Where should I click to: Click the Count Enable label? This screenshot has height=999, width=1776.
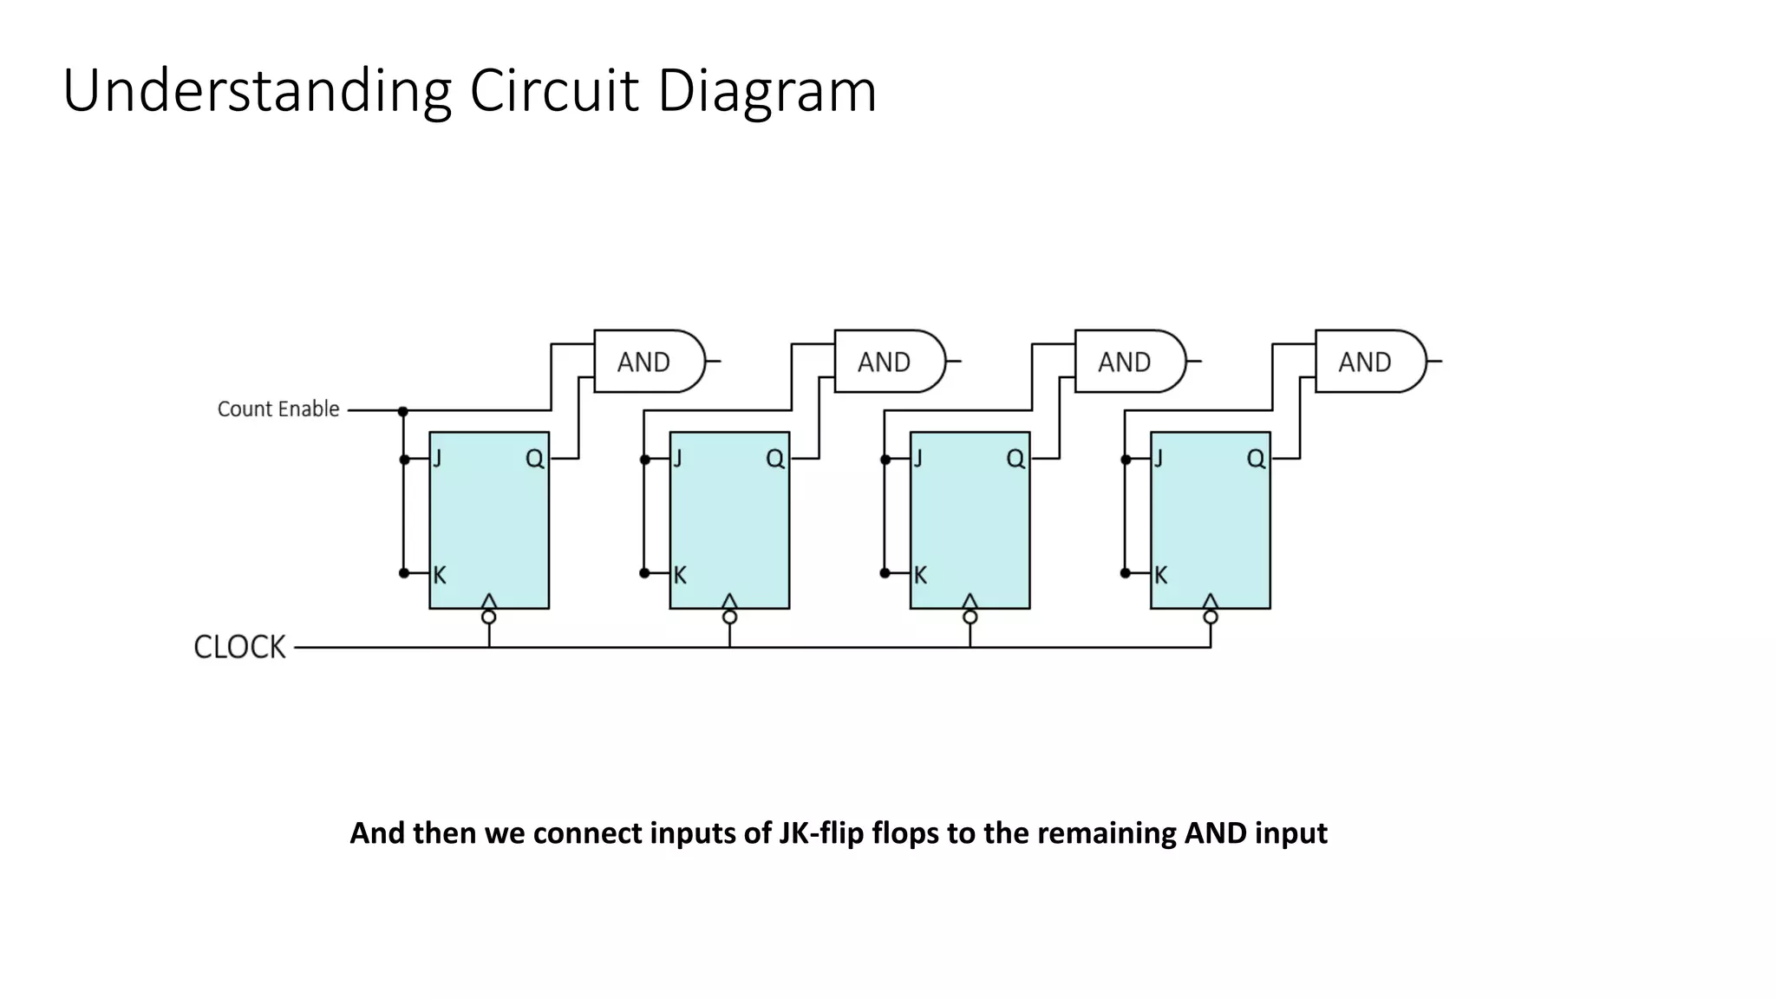[277, 409]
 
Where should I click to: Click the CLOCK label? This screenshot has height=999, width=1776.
[239, 647]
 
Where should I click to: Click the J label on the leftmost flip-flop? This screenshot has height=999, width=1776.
[438, 459]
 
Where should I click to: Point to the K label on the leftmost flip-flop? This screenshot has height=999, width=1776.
[440, 575]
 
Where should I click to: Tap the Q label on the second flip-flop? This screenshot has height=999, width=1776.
[775, 459]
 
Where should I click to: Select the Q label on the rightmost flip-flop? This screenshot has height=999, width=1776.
[1256, 459]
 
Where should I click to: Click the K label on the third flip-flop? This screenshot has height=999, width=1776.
[920, 575]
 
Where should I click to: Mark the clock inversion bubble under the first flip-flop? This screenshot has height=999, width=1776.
[489, 617]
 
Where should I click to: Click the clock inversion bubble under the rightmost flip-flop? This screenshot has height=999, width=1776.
[1211, 617]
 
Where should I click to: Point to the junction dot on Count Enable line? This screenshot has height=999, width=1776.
[403, 411]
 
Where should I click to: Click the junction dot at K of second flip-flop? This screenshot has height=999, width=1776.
[644, 573]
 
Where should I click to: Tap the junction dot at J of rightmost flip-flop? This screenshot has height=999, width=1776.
[1126, 460]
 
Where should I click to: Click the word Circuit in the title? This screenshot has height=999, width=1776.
[554, 91]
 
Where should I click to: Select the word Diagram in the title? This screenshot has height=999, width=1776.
[767, 91]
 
